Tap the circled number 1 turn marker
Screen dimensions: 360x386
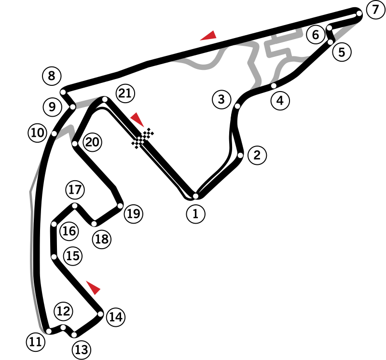pos(195,214)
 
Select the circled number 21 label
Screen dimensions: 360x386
pos(125,93)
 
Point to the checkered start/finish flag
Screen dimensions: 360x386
pos(143,138)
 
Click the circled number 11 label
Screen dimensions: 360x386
pos(35,342)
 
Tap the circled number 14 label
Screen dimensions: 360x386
pos(116,317)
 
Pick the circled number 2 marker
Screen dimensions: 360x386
pos(257,155)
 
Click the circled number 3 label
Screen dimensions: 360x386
pos(221,100)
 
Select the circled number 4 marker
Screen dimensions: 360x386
pos(280,101)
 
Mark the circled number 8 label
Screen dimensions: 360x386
pos(52,76)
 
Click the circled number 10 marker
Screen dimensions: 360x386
pos(37,133)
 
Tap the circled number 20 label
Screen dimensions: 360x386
pos(92,142)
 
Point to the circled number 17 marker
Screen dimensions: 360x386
pos(75,190)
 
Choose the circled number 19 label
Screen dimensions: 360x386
pos(133,213)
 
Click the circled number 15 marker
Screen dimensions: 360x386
pos(73,256)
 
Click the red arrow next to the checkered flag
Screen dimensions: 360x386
pos(137,119)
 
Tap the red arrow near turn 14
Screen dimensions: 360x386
pos(93,287)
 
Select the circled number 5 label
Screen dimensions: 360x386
pos(342,52)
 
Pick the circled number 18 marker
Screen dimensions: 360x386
pos(102,239)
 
